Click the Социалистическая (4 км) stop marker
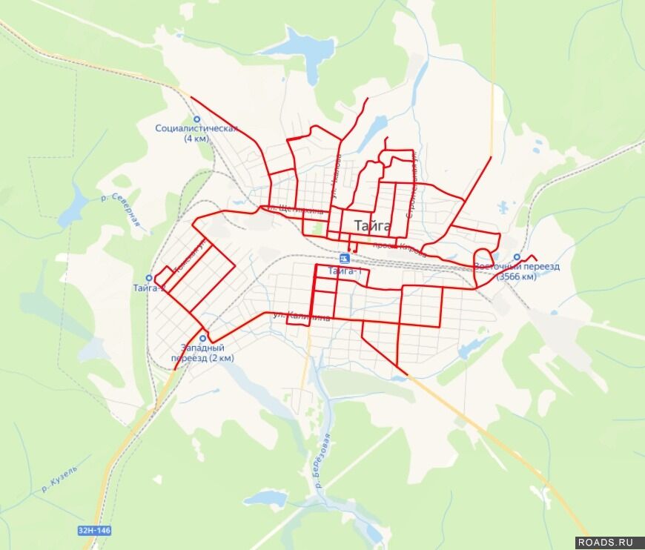[196, 119]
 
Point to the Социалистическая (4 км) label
[196, 133]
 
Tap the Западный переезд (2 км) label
[202, 353]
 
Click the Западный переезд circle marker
[202, 337]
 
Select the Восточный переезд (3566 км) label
[517, 271]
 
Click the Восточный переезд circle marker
[517, 257]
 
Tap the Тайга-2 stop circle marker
[149, 278]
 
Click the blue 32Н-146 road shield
[93, 531]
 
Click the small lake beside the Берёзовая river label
[265, 501]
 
